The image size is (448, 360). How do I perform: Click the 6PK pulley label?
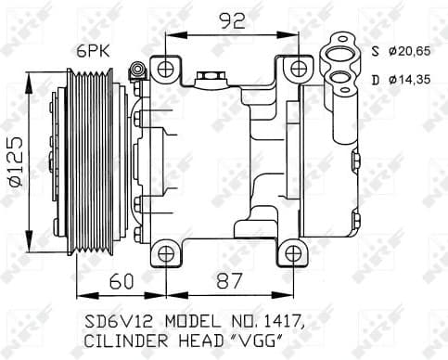click(x=95, y=52)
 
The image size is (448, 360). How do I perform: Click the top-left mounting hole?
click(x=166, y=68)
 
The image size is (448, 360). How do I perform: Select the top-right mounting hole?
click(x=296, y=68)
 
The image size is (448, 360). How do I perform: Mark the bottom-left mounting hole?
click(x=163, y=251)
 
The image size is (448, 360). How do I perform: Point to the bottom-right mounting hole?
click(x=293, y=251)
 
